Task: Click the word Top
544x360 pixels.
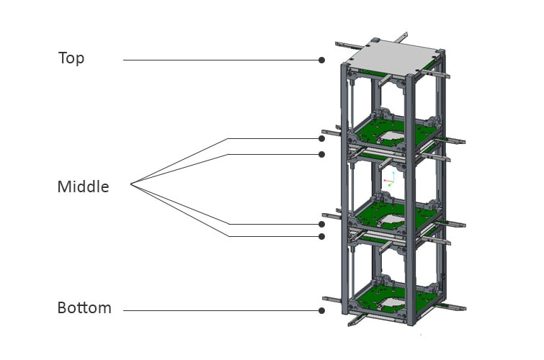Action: coord(71,58)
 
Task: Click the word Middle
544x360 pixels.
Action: coord(83,187)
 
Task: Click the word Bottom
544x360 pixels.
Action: coord(84,308)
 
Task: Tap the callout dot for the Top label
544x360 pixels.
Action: coord(321,60)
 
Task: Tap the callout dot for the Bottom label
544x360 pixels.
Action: coord(321,311)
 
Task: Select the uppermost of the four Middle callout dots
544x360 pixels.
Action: coord(321,138)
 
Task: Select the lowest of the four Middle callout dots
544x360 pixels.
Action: coord(321,236)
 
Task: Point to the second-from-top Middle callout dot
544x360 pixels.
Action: coord(321,154)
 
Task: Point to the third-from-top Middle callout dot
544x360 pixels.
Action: coord(321,224)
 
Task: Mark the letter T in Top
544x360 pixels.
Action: coord(63,58)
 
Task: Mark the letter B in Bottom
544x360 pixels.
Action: coord(62,308)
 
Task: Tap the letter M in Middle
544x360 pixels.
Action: coord(64,187)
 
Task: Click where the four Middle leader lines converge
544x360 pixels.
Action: coord(132,187)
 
